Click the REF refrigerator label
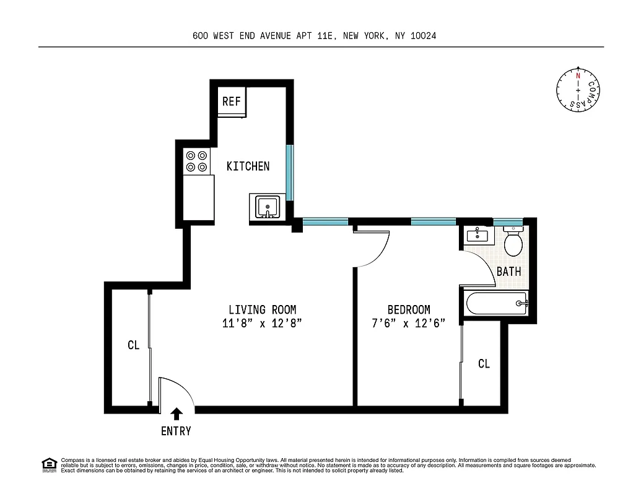(231, 101)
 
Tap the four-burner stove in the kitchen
(198, 162)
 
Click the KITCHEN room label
(248, 166)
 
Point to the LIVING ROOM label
(262, 309)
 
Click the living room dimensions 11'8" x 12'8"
(262, 323)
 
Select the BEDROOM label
(409, 309)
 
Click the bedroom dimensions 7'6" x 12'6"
(409, 323)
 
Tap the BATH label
(508, 271)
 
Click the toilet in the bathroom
(513, 242)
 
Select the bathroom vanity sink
(477, 236)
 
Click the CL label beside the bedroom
(484, 364)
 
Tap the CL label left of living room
(133, 345)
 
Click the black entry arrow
(177, 414)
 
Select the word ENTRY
(176, 431)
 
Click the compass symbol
(578, 91)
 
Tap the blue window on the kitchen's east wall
(289, 172)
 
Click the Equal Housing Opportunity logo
(48, 464)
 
